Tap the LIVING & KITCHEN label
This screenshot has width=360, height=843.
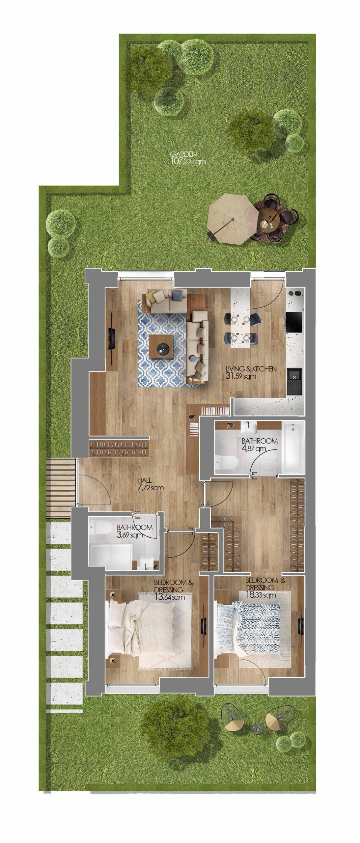click(x=251, y=369)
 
